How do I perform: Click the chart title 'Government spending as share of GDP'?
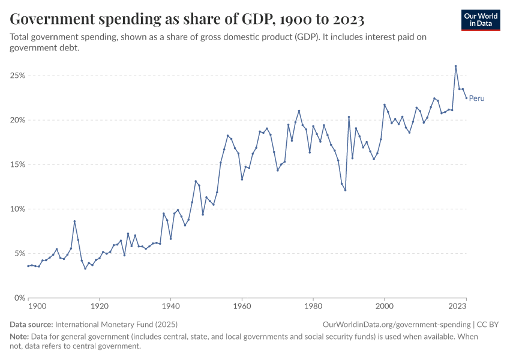pos(187,20)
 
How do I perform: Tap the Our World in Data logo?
pos(481,20)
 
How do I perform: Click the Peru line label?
pos(476,98)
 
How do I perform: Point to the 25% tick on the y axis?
pos(17,76)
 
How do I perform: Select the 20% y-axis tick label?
pos(17,120)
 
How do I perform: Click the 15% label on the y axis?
pos(17,164)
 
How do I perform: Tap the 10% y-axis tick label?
pos(17,209)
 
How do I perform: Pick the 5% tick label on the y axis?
pos(19,253)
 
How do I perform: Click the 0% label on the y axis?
pos(19,298)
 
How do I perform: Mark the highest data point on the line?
pos(455,66)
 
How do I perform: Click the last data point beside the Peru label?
pos(466,98)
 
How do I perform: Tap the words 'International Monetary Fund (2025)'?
pos(115,325)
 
